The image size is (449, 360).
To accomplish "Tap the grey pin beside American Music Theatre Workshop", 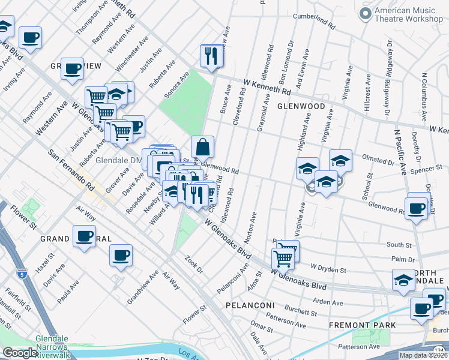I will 364,13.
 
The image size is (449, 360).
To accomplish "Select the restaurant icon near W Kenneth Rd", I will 211,57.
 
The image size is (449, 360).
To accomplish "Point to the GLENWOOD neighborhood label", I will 301,106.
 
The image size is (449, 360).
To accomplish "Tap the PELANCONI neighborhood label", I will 250,305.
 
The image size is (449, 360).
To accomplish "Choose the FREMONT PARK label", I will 362,325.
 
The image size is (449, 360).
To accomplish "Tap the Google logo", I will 20,353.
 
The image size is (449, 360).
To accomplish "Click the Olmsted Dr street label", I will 378,161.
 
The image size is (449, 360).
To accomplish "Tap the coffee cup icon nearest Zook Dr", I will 121,256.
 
